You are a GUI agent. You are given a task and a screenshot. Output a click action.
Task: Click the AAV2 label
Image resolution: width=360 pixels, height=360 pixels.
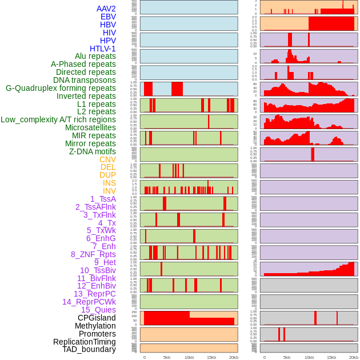(x=106, y=9)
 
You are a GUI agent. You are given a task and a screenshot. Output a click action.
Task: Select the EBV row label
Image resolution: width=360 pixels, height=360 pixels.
(x=108, y=17)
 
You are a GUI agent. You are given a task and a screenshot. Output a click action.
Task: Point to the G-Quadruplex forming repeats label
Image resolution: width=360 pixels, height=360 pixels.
(x=61, y=88)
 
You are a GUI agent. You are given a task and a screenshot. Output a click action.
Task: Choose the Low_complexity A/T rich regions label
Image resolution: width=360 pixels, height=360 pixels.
(x=58, y=119)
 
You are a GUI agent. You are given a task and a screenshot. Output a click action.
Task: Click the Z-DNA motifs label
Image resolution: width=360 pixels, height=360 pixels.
(x=93, y=151)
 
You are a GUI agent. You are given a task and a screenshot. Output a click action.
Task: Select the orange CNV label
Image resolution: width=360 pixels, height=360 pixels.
(x=107, y=159)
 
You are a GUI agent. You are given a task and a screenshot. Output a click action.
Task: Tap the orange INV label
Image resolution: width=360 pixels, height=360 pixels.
(x=109, y=191)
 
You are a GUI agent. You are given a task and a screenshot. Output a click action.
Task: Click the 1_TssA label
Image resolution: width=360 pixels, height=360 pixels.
(x=103, y=199)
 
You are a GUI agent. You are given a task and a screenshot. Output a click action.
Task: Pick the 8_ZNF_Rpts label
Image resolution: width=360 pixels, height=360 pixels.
(x=93, y=254)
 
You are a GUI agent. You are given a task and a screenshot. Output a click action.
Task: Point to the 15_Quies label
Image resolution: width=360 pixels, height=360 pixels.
(x=98, y=310)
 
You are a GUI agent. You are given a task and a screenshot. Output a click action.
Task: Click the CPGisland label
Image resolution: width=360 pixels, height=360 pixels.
(x=97, y=318)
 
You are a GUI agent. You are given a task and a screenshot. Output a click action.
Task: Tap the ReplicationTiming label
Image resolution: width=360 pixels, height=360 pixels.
(x=85, y=342)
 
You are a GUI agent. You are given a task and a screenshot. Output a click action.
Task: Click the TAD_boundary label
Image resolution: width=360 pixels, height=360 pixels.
(x=89, y=349)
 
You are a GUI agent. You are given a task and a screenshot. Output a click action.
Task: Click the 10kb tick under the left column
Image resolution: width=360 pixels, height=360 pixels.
(x=189, y=357)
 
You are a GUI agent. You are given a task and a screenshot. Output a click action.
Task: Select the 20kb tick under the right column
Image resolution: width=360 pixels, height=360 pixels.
(x=354, y=357)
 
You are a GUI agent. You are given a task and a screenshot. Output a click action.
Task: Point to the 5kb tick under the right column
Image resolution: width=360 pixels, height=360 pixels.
(x=287, y=357)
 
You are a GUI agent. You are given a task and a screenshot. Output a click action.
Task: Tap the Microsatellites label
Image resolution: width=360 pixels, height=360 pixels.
(x=90, y=127)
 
